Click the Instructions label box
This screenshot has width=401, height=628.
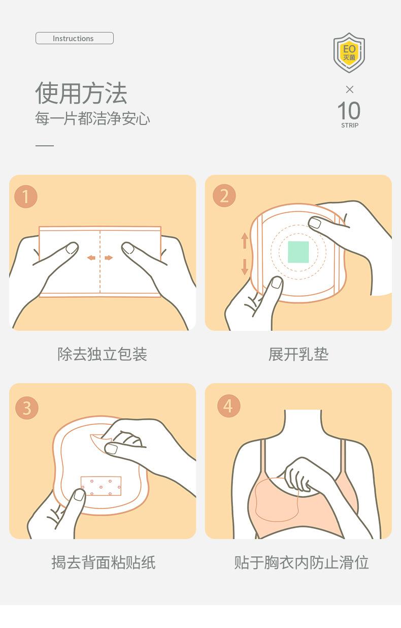74,39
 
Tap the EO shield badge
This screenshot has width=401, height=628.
349,52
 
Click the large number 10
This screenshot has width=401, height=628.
349,111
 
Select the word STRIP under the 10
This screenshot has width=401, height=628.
349,125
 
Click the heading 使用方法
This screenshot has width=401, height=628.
81,93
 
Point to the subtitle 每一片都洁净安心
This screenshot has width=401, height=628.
92,119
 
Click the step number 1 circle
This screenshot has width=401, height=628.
26,197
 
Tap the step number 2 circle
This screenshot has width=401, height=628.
224,196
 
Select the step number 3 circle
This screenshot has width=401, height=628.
26,407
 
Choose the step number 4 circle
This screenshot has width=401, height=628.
228,406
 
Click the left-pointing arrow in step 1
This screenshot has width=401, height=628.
91,258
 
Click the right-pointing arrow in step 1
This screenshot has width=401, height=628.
109,258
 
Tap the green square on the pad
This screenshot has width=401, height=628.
298,252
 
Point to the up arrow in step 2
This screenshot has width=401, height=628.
245,240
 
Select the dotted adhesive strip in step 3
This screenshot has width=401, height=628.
101,486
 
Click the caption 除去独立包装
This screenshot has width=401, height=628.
102,354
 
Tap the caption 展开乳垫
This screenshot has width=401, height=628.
298,354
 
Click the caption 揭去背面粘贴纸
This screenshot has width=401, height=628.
103,562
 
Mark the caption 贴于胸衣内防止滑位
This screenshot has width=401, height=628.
301,562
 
